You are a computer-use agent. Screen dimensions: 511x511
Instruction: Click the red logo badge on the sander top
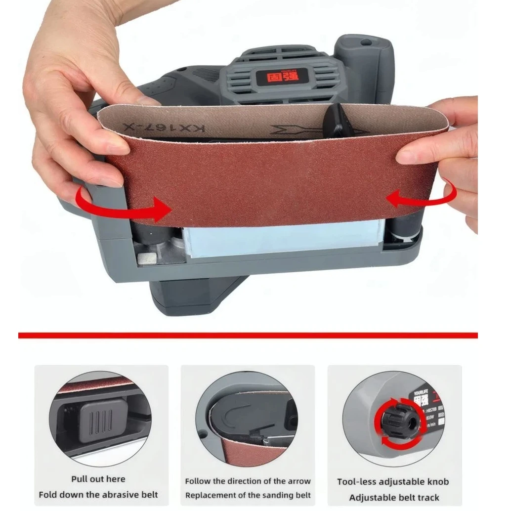tap(280, 77)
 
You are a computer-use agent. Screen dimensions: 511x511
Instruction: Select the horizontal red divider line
tap(248, 336)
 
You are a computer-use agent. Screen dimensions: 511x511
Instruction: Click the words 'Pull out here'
tap(98, 479)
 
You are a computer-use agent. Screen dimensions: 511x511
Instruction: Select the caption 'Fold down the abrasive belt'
tap(98, 495)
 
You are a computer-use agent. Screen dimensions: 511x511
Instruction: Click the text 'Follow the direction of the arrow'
tap(248, 481)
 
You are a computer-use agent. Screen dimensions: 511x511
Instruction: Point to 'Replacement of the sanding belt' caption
tap(248, 495)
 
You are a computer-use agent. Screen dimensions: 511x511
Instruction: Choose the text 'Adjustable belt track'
tap(394, 497)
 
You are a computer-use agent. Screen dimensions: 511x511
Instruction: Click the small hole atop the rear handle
tap(366, 43)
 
